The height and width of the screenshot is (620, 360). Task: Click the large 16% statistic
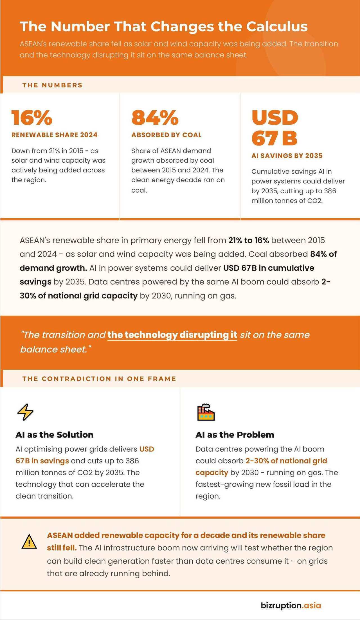click(32, 118)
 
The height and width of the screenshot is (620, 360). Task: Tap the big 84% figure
click(155, 118)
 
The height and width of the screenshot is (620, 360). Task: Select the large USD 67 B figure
click(275, 128)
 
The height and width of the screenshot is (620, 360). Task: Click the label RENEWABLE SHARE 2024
click(54, 135)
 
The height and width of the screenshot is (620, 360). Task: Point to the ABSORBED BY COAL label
click(166, 135)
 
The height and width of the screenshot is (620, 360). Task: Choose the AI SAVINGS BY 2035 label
click(287, 156)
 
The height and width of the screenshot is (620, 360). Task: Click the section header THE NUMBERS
click(52, 85)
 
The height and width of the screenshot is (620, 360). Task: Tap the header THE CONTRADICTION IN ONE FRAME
click(99, 379)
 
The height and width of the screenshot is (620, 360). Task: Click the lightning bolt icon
click(25, 412)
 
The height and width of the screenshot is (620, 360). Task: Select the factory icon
click(206, 412)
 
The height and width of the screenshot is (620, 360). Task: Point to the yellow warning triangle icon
click(29, 542)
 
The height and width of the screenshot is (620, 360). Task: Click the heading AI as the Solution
click(55, 435)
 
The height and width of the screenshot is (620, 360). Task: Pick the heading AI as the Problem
click(235, 435)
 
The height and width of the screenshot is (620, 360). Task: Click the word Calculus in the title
click(277, 27)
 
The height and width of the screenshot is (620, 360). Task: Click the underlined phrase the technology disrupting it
click(172, 335)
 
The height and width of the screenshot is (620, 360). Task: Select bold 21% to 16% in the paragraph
click(249, 241)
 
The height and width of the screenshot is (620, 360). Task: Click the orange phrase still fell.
click(62, 548)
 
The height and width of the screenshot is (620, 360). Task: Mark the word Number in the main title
click(80, 27)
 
